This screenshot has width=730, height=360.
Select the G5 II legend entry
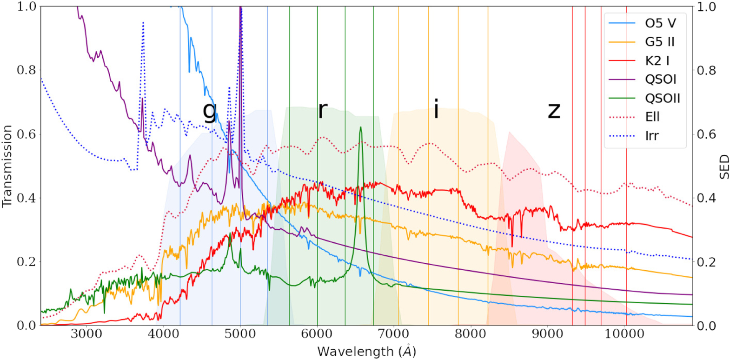pos(659,42)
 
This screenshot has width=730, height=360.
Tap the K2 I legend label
pos(657,60)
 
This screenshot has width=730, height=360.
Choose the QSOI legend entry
pos(660,80)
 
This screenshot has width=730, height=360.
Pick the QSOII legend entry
pos(663,98)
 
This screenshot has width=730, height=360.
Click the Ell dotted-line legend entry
pos(652,117)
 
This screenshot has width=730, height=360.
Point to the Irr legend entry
pos(651,136)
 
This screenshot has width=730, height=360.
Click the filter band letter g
pos(210,111)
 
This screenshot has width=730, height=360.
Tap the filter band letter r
pos(322,109)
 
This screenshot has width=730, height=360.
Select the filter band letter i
pos(436,109)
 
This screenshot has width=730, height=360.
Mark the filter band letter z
pos(553,111)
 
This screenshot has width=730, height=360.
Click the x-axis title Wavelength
pos(366,351)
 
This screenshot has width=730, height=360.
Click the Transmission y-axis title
pos(7,166)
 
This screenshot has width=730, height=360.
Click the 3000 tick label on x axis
pos(86,334)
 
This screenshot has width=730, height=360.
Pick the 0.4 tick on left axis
pos(26,198)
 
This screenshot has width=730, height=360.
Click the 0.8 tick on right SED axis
pos(706,71)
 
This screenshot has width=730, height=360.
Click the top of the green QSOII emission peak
pos(360,127)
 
